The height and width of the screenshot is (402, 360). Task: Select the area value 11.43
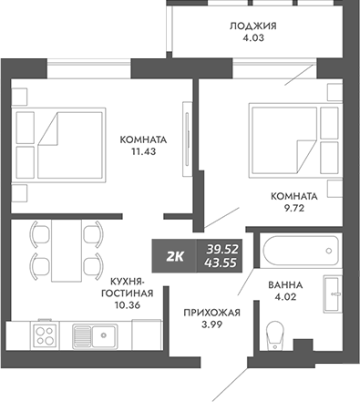pyautogui.click(x=141, y=154)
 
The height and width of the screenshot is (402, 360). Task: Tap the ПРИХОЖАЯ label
pyautogui.click(x=211, y=313)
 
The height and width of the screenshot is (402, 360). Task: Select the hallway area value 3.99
pyautogui.click(x=211, y=326)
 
